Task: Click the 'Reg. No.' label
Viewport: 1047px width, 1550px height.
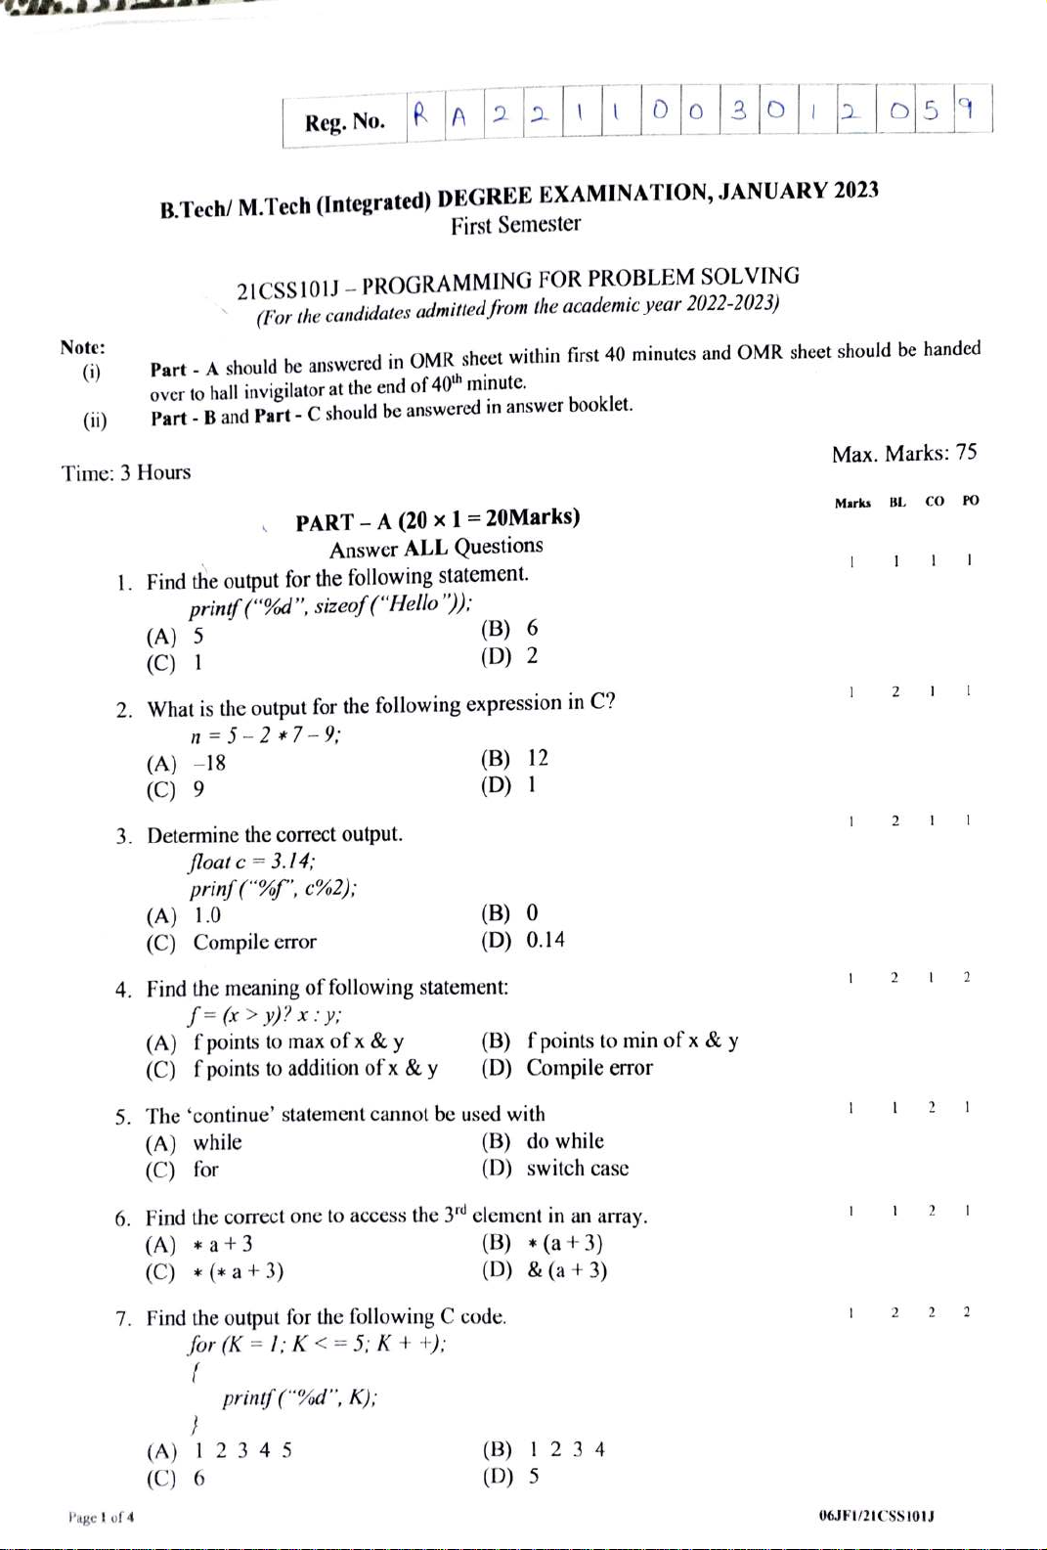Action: click(344, 122)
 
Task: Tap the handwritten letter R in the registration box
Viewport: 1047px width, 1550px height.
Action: click(420, 115)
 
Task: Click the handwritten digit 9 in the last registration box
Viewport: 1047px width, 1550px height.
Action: click(966, 108)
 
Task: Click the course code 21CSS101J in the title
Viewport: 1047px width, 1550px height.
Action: click(288, 290)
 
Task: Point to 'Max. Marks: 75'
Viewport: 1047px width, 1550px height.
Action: click(903, 453)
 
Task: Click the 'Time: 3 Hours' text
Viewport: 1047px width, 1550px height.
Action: click(126, 473)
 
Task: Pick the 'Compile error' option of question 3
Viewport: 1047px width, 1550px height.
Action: click(254, 942)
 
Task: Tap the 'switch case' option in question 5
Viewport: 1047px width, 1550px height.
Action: click(577, 1169)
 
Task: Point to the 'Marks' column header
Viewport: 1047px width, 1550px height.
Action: click(852, 503)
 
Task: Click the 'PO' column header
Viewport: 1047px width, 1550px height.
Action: click(970, 501)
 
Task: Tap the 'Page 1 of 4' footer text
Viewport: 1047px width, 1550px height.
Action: click(101, 1518)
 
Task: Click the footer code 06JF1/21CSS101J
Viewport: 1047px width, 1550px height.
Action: click(877, 1516)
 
